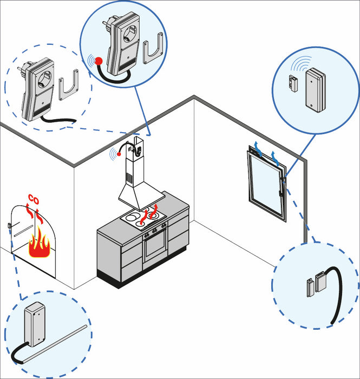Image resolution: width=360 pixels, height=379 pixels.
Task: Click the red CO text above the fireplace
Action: (x=33, y=199)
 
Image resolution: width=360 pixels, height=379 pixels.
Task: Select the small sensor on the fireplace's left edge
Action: (x=10, y=225)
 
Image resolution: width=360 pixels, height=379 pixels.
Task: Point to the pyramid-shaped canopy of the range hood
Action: (x=137, y=195)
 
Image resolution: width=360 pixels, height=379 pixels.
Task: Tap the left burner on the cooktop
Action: (x=132, y=219)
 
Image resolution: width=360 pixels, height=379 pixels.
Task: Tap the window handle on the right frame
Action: (x=282, y=190)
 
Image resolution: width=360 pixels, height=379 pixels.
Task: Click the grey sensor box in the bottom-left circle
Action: (x=38, y=325)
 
